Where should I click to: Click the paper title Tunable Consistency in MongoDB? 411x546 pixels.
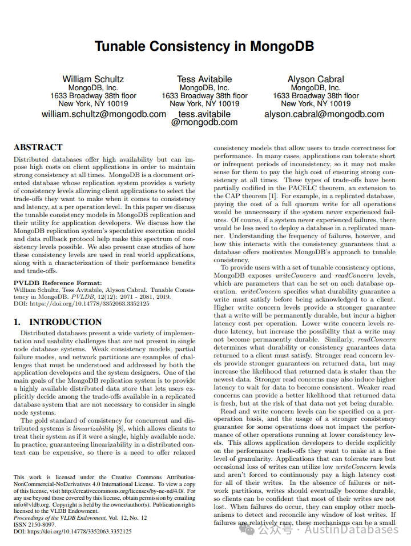204,46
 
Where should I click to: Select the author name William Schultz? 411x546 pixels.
93,79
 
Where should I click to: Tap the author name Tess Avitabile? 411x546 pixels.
204,79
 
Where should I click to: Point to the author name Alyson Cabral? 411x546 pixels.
316,79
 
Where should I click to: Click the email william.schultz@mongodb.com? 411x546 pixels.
104,114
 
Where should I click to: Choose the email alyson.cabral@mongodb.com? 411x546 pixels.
324,114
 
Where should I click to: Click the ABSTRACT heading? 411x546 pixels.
38,147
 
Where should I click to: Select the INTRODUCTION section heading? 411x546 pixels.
66,322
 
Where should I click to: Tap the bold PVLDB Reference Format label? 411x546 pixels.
58,283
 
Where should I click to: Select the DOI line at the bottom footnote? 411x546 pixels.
72,531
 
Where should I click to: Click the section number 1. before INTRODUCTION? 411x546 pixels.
18,322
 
